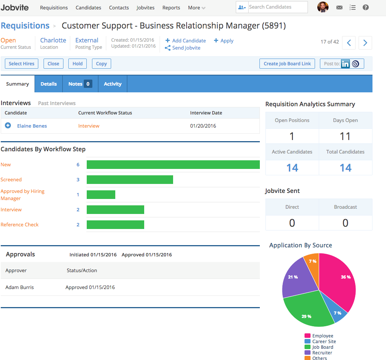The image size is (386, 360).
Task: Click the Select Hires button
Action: point(21,64)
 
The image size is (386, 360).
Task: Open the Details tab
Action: point(48,84)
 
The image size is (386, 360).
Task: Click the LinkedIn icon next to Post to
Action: point(345,64)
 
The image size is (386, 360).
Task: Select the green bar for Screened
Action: point(130,179)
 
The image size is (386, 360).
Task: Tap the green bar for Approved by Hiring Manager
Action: point(101,194)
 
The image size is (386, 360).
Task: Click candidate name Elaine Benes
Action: point(32,126)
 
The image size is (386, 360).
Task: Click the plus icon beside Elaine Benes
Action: point(8,125)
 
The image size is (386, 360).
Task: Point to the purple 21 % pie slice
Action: point(297,276)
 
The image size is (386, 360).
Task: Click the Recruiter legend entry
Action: point(322,353)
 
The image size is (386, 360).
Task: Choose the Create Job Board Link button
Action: point(287,64)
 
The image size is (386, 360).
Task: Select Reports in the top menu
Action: point(171,8)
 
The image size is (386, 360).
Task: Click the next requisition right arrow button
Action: point(365,43)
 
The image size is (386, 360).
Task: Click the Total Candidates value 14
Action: point(345,168)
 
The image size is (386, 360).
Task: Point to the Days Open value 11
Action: point(345,136)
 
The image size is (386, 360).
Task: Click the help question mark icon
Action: point(365,7)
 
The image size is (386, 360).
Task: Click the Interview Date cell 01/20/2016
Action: point(203,126)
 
